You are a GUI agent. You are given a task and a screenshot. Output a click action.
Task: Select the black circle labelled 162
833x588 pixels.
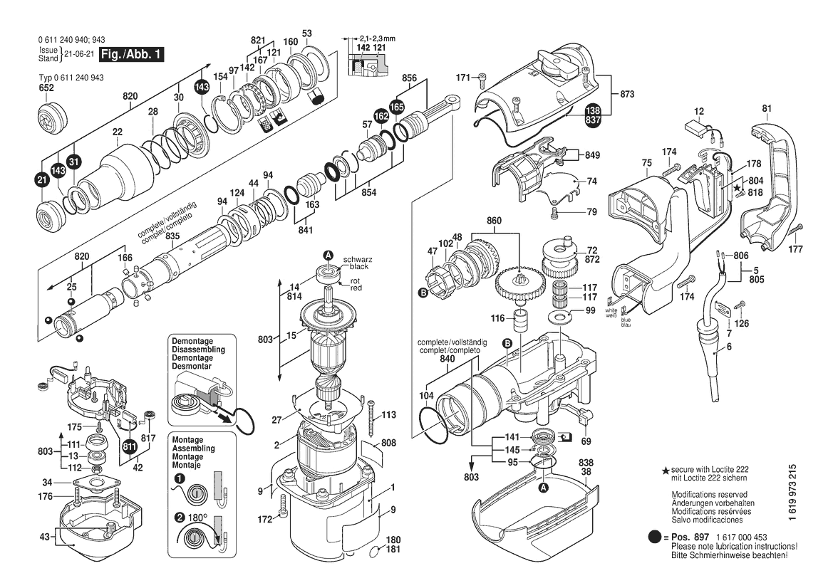(x=381, y=115)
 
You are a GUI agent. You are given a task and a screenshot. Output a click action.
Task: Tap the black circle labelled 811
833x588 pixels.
(x=130, y=447)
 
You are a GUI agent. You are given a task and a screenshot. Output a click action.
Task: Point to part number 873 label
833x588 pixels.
(x=627, y=94)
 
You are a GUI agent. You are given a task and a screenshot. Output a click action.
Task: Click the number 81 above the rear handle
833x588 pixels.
(x=767, y=109)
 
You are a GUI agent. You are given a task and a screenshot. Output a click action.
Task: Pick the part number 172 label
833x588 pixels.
(x=266, y=520)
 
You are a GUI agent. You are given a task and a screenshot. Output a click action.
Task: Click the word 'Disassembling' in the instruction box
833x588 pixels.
(x=198, y=350)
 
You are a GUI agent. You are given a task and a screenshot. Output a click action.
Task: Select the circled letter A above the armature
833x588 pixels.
(x=328, y=255)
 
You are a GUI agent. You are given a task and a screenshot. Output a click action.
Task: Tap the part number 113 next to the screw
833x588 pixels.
(x=388, y=415)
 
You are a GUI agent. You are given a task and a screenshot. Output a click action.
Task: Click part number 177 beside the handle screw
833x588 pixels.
(x=796, y=250)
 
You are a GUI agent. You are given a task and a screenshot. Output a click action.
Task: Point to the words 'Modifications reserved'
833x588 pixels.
(x=709, y=494)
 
